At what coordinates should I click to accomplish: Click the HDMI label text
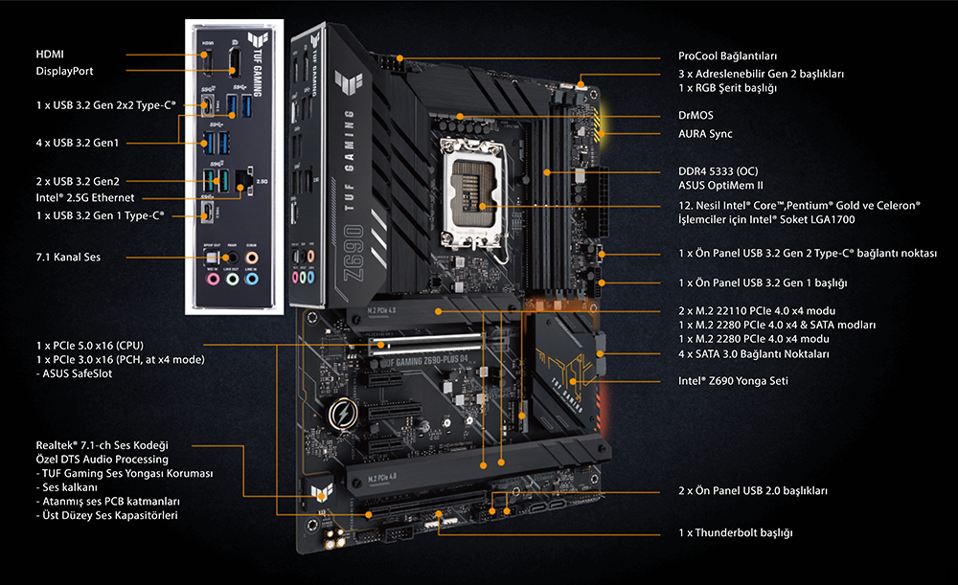click(x=50, y=55)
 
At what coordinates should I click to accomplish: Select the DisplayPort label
click(x=64, y=71)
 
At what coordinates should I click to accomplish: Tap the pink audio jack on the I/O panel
click(x=214, y=279)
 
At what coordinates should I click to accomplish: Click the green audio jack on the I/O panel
click(x=232, y=279)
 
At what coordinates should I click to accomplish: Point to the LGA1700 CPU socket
click(x=476, y=191)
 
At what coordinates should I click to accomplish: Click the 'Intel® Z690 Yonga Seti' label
click(x=733, y=380)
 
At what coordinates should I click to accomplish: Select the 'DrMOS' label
click(x=696, y=115)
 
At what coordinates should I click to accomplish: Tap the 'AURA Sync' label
click(x=705, y=134)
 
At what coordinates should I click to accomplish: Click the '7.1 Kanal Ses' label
click(x=68, y=258)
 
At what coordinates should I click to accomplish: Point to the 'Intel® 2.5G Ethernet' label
click(x=85, y=198)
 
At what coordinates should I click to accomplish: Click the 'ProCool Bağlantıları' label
click(x=728, y=56)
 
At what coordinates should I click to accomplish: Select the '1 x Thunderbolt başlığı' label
click(x=736, y=532)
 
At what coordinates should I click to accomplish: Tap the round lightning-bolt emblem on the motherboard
click(x=343, y=415)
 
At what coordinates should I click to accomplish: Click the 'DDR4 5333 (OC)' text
click(x=718, y=171)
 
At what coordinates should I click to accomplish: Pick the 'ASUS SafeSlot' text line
click(x=74, y=373)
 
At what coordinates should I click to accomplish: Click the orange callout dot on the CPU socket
click(x=483, y=207)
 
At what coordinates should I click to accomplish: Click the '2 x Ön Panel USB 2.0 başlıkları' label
click(x=753, y=490)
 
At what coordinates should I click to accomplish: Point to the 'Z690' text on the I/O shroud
click(x=354, y=253)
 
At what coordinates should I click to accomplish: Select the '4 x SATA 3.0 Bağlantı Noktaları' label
click(x=754, y=353)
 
